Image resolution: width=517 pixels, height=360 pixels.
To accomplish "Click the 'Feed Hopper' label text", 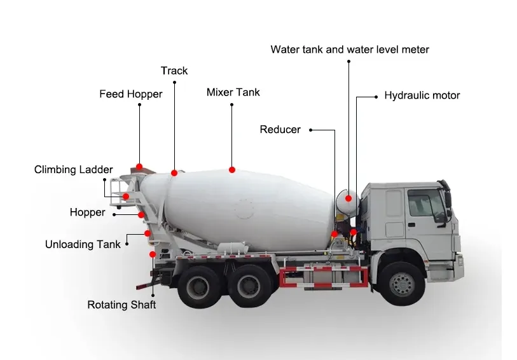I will (x=130, y=94).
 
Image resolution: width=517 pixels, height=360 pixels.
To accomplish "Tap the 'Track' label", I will (x=174, y=71).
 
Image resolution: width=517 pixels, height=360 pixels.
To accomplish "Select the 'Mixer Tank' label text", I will (x=233, y=92).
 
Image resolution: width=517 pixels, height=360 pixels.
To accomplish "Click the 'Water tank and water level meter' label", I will (x=350, y=50).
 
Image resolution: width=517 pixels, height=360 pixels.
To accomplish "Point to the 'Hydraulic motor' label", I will (x=422, y=95).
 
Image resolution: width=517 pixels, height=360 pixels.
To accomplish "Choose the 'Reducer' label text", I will (x=280, y=130).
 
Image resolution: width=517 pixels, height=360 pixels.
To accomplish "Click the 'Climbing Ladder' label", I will (x=73, y=170).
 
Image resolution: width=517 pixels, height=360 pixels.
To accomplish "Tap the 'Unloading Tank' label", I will (x=83, y=244).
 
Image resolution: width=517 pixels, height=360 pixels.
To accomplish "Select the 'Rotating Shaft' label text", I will (x=121, y=305).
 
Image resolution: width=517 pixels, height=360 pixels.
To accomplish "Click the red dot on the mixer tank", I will (x=232, y=170).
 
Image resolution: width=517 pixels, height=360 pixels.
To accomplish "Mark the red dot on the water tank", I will (x=348, y=198).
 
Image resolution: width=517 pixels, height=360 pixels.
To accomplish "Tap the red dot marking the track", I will (x=174, y=172).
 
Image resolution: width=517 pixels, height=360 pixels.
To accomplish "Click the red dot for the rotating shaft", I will (x=153, y=254).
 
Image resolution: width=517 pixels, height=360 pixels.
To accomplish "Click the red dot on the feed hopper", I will (x=139, y=167).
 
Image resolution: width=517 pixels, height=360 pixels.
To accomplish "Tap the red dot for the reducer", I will (x=334, y=234).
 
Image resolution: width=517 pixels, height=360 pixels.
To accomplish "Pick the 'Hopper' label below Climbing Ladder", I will (x=87, y=212).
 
